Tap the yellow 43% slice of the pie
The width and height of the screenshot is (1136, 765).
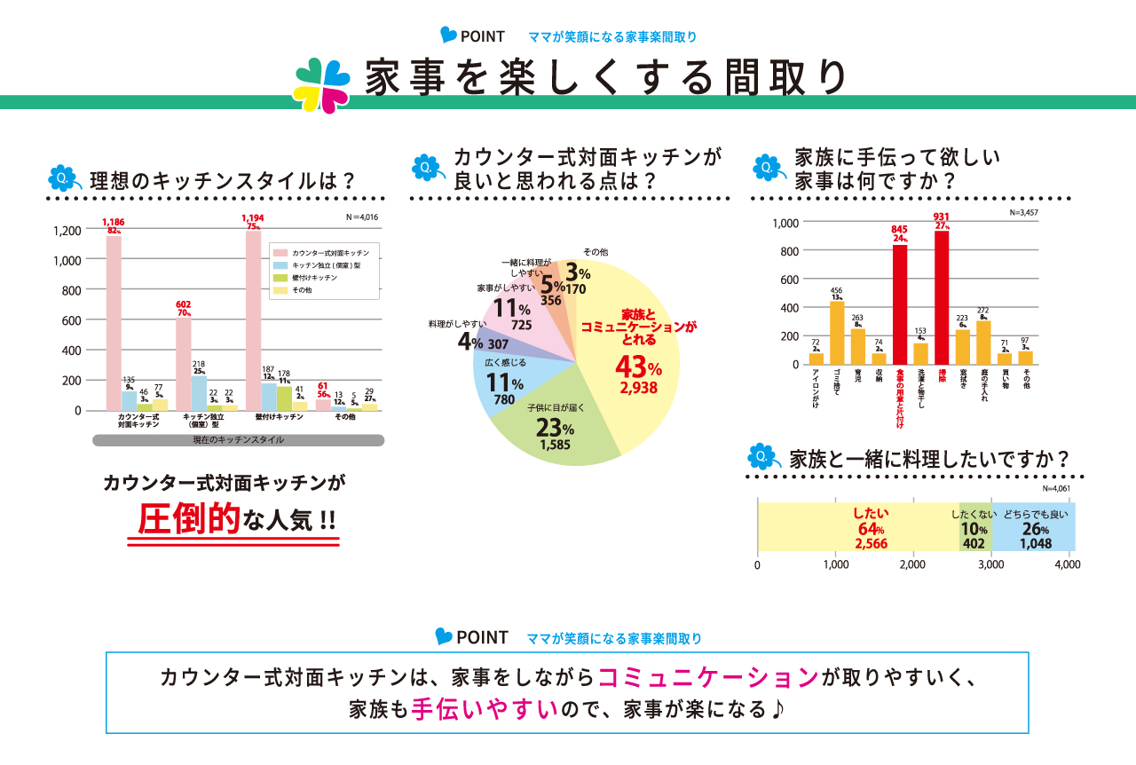[x=629, y=355]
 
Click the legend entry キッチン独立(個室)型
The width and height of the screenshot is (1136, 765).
[x=325, y=265]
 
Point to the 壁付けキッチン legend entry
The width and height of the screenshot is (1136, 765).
[x=316, y=279]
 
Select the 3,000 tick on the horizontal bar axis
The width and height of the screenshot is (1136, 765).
[x=990, y=564]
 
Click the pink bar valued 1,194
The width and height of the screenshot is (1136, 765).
[x=253, y=320]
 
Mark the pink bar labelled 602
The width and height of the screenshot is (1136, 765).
[x=184, y=364]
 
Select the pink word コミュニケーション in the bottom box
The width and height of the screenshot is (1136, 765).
[x=707, y=677]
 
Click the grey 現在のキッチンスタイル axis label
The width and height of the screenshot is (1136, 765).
[x=239, y=440]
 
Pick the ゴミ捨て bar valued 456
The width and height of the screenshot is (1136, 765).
[x=836, y=333]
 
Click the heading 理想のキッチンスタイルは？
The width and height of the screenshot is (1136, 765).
[x=223, y=181]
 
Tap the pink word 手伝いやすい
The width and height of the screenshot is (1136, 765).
[x=485, y=710]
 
